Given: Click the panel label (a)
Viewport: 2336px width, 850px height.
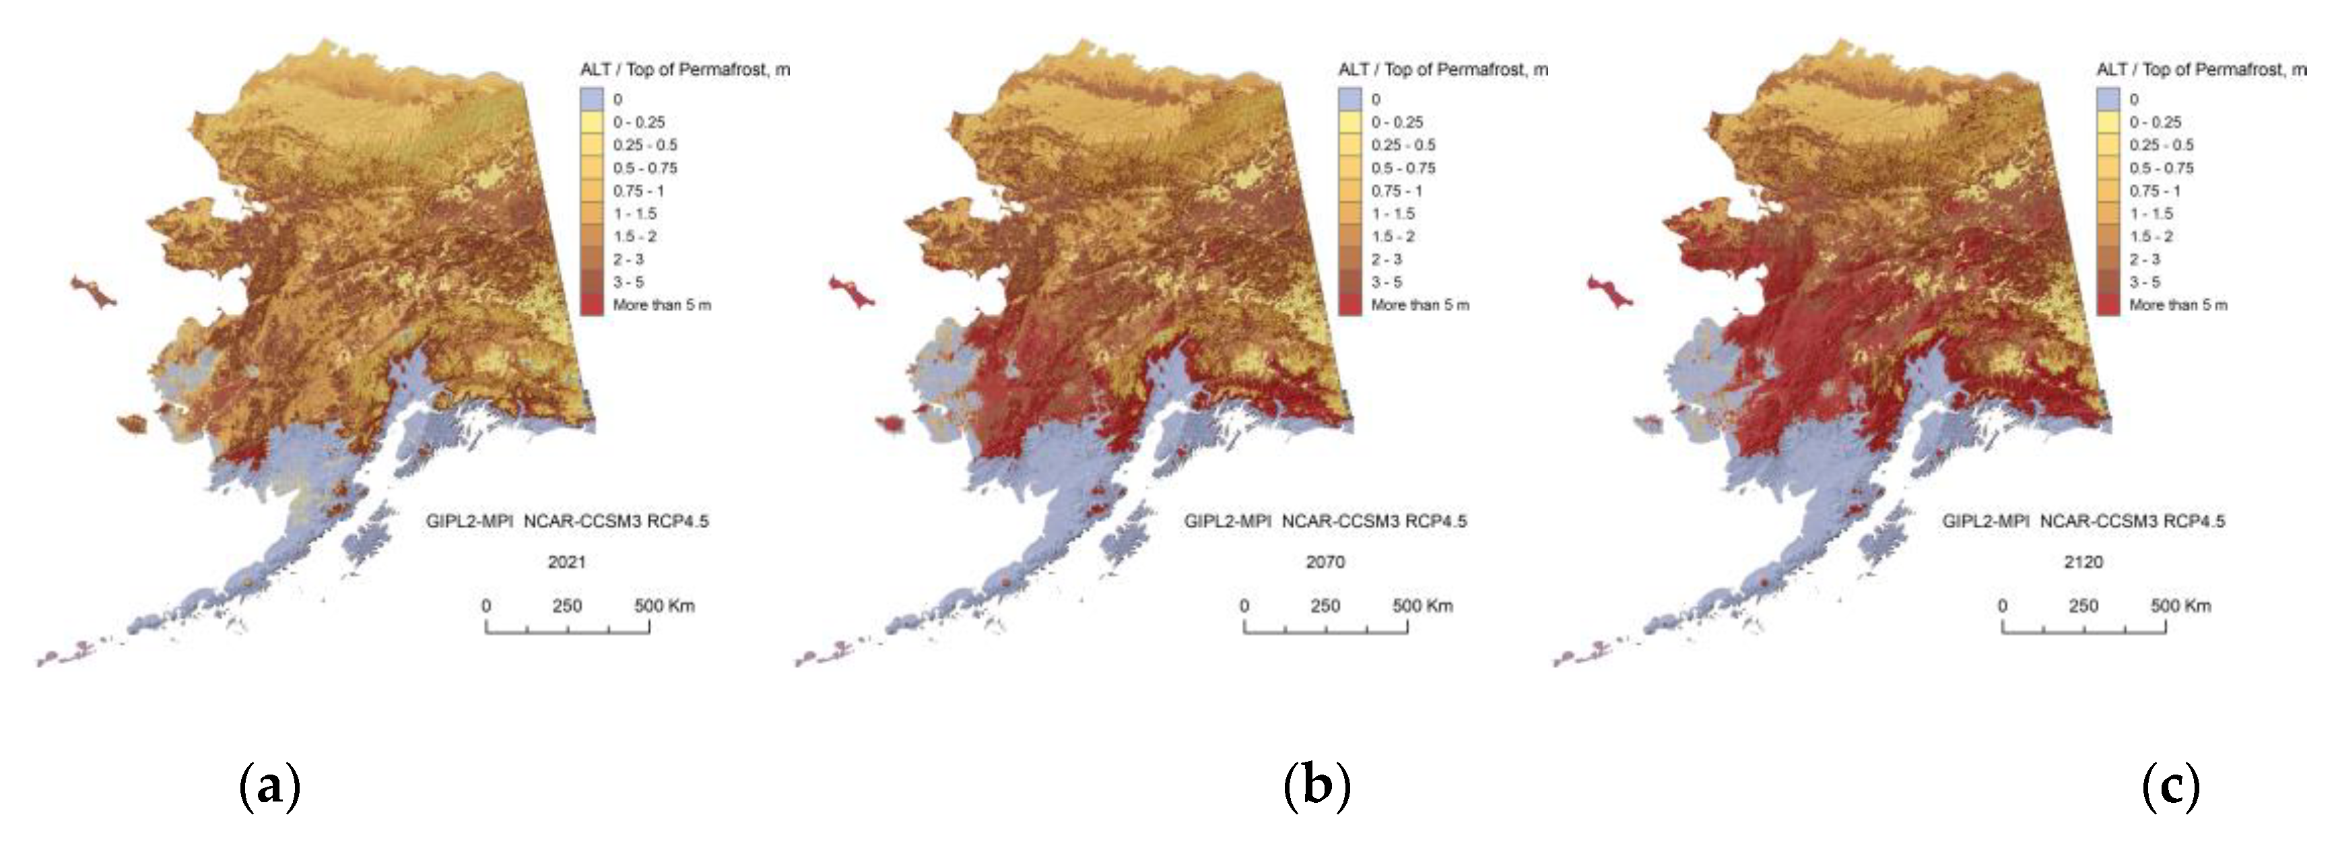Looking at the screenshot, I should tap(269, 787).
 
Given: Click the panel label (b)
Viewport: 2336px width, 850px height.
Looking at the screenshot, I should tap(1316, 787).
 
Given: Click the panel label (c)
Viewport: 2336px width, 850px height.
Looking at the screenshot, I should tap(2171, 787).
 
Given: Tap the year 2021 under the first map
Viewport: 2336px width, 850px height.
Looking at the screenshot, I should tap(567, 562).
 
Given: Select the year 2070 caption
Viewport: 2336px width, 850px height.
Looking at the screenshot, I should tap(1325, 562).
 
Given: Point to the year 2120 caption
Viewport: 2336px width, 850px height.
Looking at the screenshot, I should tap(2083, 562).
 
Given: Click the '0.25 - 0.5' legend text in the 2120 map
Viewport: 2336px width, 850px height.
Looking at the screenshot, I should tap(2161, 145).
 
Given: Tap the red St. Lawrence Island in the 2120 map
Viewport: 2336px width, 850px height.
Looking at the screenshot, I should tap(1609, 293).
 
